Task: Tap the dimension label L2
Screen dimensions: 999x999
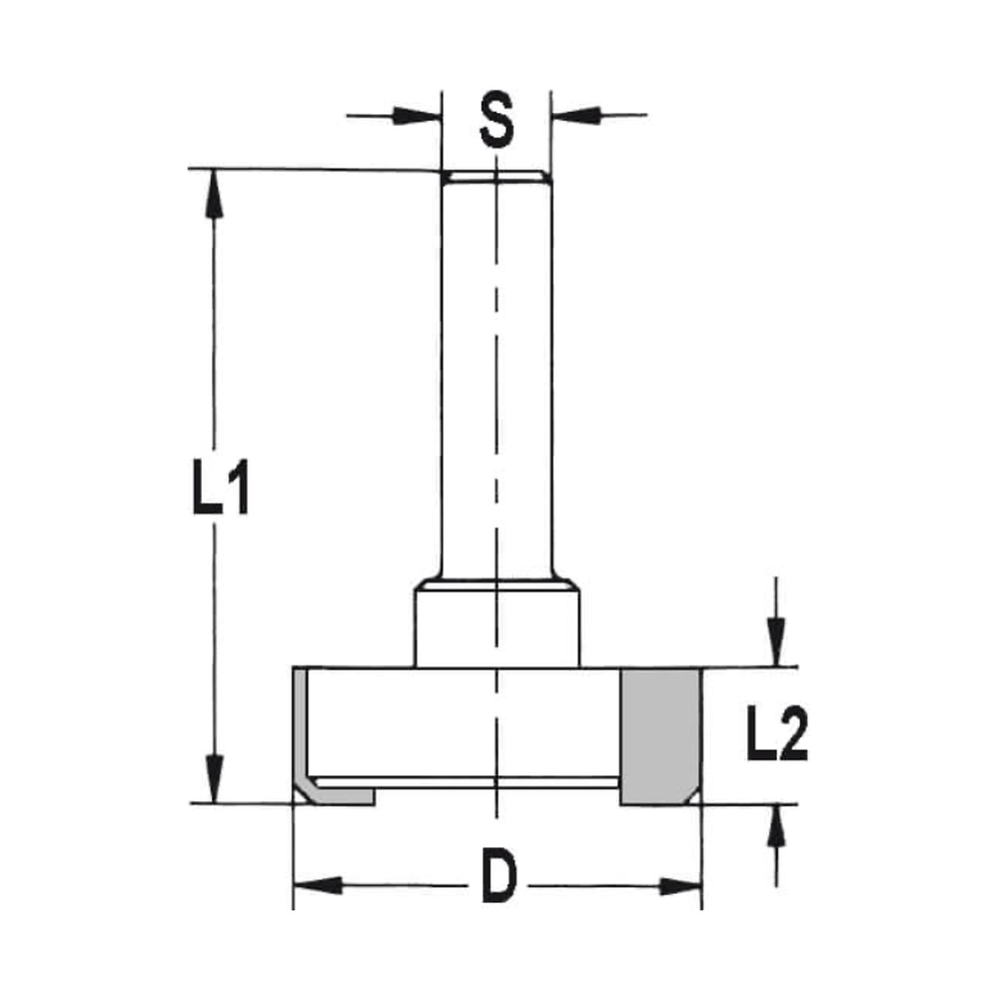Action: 776,735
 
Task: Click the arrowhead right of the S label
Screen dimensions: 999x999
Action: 577,116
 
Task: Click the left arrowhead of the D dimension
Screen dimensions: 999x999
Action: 318,885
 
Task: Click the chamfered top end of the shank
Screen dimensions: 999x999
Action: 496,177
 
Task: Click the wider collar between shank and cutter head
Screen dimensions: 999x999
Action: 497,627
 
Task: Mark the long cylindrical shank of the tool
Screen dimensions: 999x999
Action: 496,380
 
